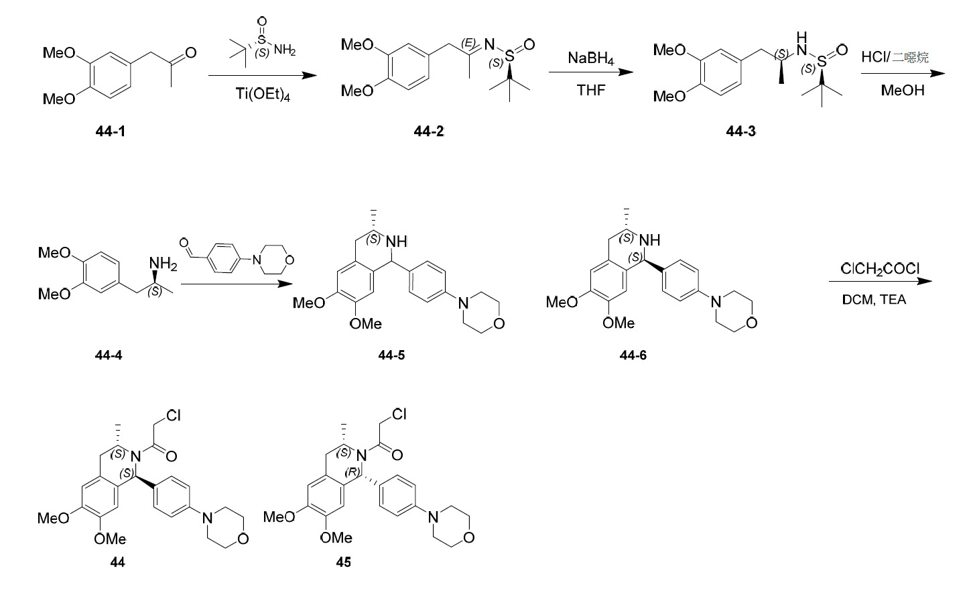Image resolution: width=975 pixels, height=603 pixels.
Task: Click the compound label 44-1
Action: (110, 131)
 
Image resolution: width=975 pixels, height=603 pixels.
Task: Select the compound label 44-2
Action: (429, 131)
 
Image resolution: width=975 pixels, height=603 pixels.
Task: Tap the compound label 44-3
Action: (741, 131)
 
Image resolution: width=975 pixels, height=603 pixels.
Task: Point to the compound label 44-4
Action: (109, 355)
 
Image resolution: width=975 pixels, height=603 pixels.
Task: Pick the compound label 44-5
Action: (391, 355)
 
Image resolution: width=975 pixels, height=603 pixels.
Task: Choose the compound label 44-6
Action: (633, 355)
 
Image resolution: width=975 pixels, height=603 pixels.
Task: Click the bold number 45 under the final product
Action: (343, 562)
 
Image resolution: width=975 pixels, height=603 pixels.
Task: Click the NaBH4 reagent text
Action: (590, 58)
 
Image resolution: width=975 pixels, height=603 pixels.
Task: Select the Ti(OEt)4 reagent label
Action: (263, 94)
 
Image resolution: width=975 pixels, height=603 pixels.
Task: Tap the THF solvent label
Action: (590, 90)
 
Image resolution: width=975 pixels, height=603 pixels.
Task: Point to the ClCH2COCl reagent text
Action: (880, 269)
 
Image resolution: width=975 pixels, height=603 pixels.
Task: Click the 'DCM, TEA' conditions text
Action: (874, 300)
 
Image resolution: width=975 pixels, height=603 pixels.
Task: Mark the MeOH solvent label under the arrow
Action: (903, 90)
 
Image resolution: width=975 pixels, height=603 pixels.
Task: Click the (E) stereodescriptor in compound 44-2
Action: (468, 43)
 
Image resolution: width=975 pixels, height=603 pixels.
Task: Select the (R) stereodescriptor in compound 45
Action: (352, 472)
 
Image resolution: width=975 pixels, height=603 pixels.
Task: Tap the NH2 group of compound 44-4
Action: (164, 264)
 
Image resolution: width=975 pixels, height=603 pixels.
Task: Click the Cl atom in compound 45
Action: (399, 414)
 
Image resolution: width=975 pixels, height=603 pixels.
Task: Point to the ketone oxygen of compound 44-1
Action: (191, 53)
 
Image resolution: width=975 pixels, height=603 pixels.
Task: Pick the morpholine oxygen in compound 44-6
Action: (752, 323)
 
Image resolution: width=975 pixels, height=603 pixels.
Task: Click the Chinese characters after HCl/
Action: (910, 57)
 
